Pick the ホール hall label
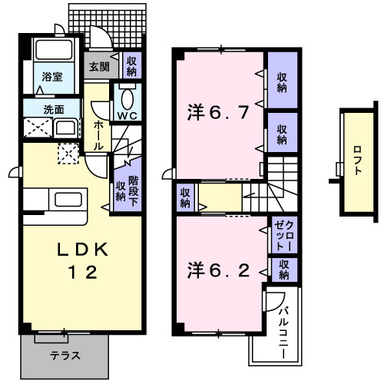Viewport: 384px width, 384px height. click(x=98, y=134)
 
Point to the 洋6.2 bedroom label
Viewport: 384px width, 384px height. click(x=218, y=270)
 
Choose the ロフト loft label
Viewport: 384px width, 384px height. click(x=358, y=161)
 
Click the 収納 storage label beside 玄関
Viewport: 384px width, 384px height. click(x=131, y=66)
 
